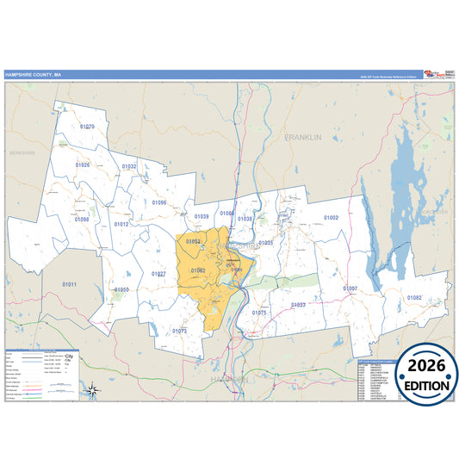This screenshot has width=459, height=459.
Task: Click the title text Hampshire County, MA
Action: (33, 75)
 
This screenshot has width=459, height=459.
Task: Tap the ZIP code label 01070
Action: (87, 127)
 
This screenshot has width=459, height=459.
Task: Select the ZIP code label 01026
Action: (83, 164)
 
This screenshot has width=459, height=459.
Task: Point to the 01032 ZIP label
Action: (129, 166)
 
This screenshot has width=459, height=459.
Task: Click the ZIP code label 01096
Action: (159, 202)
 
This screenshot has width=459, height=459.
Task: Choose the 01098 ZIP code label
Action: (82, 220)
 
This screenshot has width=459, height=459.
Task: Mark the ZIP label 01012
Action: (121, 224)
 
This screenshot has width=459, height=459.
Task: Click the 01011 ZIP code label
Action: (69, 284)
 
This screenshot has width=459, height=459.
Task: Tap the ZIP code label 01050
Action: (121, 290)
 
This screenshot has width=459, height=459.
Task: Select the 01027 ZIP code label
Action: (158, 274)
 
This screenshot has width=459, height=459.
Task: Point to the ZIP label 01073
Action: (179, 331)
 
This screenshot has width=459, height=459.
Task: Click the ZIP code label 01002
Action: (331, 218)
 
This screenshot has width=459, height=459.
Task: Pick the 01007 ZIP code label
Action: (350, 288)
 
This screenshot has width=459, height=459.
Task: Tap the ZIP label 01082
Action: (414, 298)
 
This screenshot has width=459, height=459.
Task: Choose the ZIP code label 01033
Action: (298, 305)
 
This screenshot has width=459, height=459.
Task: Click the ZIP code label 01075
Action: (259, 313)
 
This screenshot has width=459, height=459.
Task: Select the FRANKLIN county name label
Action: (303, 137)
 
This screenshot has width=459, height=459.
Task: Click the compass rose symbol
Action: (93, 391)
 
